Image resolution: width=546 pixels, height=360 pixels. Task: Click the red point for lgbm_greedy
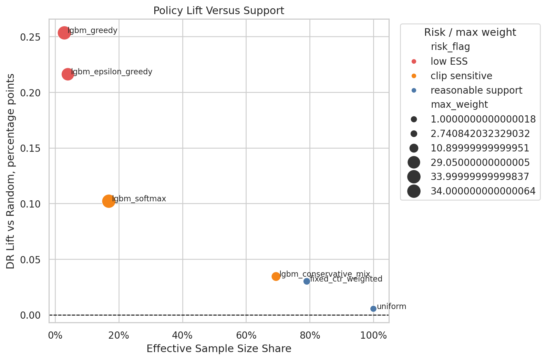coord(64,33)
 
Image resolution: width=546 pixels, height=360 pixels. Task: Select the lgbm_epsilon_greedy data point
coord(68,74)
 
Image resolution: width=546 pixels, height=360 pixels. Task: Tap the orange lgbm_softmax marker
coord(109,201)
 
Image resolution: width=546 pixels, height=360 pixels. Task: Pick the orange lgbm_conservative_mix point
coord(276,276)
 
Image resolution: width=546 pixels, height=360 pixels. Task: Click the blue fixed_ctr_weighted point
coord(307,281)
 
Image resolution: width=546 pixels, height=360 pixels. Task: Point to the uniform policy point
coord(373,309)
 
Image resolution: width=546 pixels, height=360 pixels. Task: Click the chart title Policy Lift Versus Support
coord(219,11)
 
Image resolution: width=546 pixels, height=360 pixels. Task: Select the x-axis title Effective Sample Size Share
coord(219,349)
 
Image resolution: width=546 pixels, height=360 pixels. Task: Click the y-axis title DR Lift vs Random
coord(10,171)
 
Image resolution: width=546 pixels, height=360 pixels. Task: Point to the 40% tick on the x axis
coord(182,336)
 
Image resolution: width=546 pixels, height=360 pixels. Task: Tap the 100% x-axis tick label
coord(373,336)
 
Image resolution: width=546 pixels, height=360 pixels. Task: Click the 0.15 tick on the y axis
coord(30,148)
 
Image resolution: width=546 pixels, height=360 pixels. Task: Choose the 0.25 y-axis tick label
coord(30,37)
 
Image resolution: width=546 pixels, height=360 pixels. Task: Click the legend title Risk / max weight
coord(470,32)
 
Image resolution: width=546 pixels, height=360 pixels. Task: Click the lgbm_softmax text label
coord(139,199)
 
